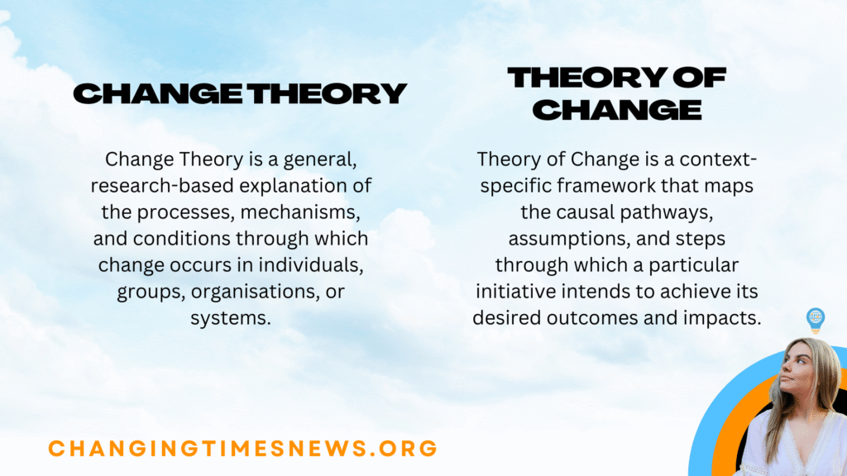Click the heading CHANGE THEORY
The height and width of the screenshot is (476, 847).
(240, 93)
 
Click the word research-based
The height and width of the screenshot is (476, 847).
(162, 186)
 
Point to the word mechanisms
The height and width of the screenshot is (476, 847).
(300, 212)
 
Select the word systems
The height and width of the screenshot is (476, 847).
(231, 318)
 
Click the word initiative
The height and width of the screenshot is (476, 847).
(516, 292)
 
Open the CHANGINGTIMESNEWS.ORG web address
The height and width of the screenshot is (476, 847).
(243, 449)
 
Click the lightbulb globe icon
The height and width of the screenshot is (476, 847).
(815, 321)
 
